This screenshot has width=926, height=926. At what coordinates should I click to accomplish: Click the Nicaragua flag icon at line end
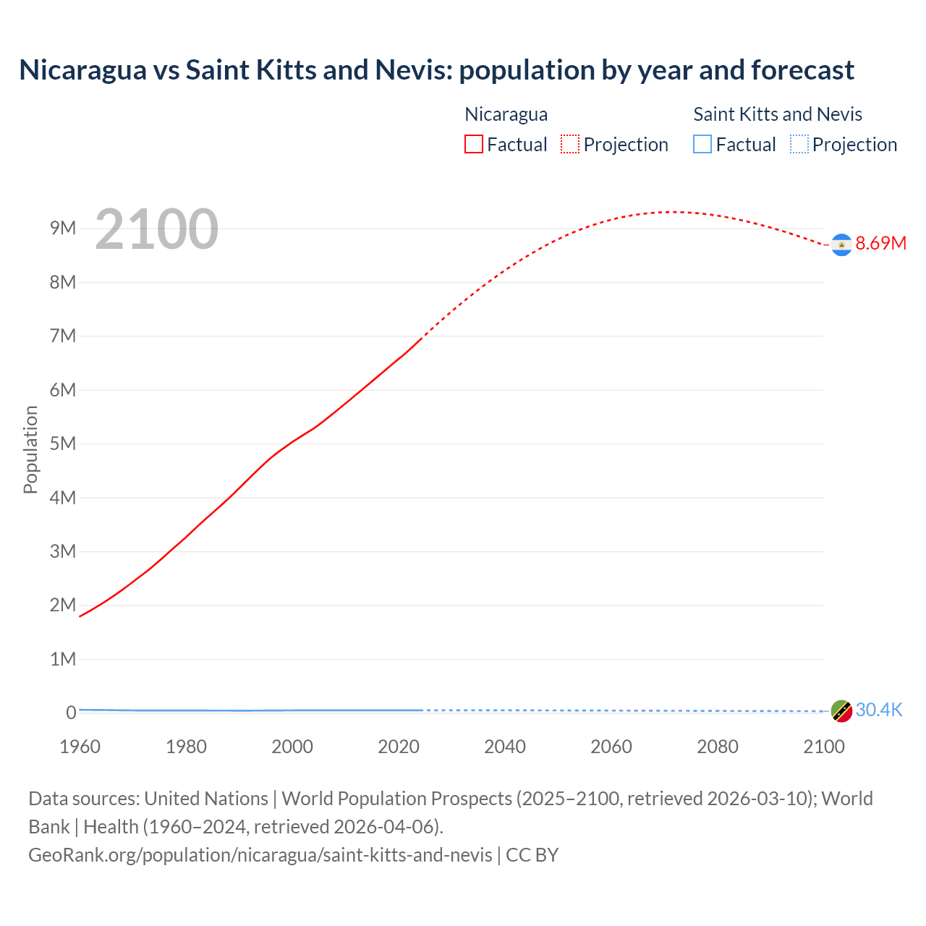pyautogui.click(x=841, y=245)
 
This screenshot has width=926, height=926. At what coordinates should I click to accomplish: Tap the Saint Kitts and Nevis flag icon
pyautogui.click(x=841, y=711)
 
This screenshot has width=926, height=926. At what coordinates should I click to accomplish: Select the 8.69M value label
pyautogui.click(x=880, y=244)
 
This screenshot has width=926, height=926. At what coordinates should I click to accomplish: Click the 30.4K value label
pyautogui.click(x=879, y=710)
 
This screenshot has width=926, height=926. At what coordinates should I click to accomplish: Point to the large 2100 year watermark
pyautogui.click(x=156, y=229)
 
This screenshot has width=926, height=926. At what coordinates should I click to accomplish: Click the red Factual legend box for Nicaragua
pyautogui.click(x=474, y=145)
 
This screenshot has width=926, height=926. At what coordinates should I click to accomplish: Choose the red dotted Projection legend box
pyautogui.click(x=570, y=145)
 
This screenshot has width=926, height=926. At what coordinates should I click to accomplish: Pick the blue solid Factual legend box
pyautogui.click(x=702, y=145)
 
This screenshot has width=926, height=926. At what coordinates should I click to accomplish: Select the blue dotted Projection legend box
pyautogui.click(x=799, y=145)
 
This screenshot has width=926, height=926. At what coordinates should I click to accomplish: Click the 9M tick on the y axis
pyautogui.click(x=63, y=229)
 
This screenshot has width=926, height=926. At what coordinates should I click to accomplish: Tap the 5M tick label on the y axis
pyautogui.click(x=63, y=443)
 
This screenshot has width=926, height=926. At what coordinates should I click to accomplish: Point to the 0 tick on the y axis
pyautogui.click(x=71, y=713)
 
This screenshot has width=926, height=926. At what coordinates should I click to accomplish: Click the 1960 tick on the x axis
pyautogui.click(x=80, y=747)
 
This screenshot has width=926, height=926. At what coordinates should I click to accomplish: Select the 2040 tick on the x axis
pyautogui.click(x=505, y=747)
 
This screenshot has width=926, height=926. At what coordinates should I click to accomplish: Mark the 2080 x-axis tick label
pyautogui.click(x=718, y=747)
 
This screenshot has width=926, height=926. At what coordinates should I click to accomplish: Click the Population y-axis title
pyautogui.click(x=30, y=449)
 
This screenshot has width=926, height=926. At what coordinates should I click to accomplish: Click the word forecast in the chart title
pyautogui.click(x=802, y=70)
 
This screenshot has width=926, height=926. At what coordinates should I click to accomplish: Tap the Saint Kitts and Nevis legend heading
pyautogui.click(x=778, y=114)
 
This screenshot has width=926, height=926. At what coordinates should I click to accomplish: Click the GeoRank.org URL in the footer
pyautogui.click(x=260, y=855)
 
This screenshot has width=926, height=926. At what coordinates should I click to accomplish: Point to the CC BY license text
pyautogui.click(x=532, y=855)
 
